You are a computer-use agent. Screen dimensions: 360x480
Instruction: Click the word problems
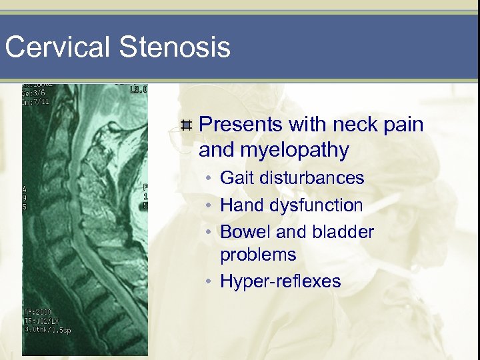coord(258,255)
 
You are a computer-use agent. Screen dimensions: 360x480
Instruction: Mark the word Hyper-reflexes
coord(280,282)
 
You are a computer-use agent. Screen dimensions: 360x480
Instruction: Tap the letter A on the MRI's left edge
coord(26,188)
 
